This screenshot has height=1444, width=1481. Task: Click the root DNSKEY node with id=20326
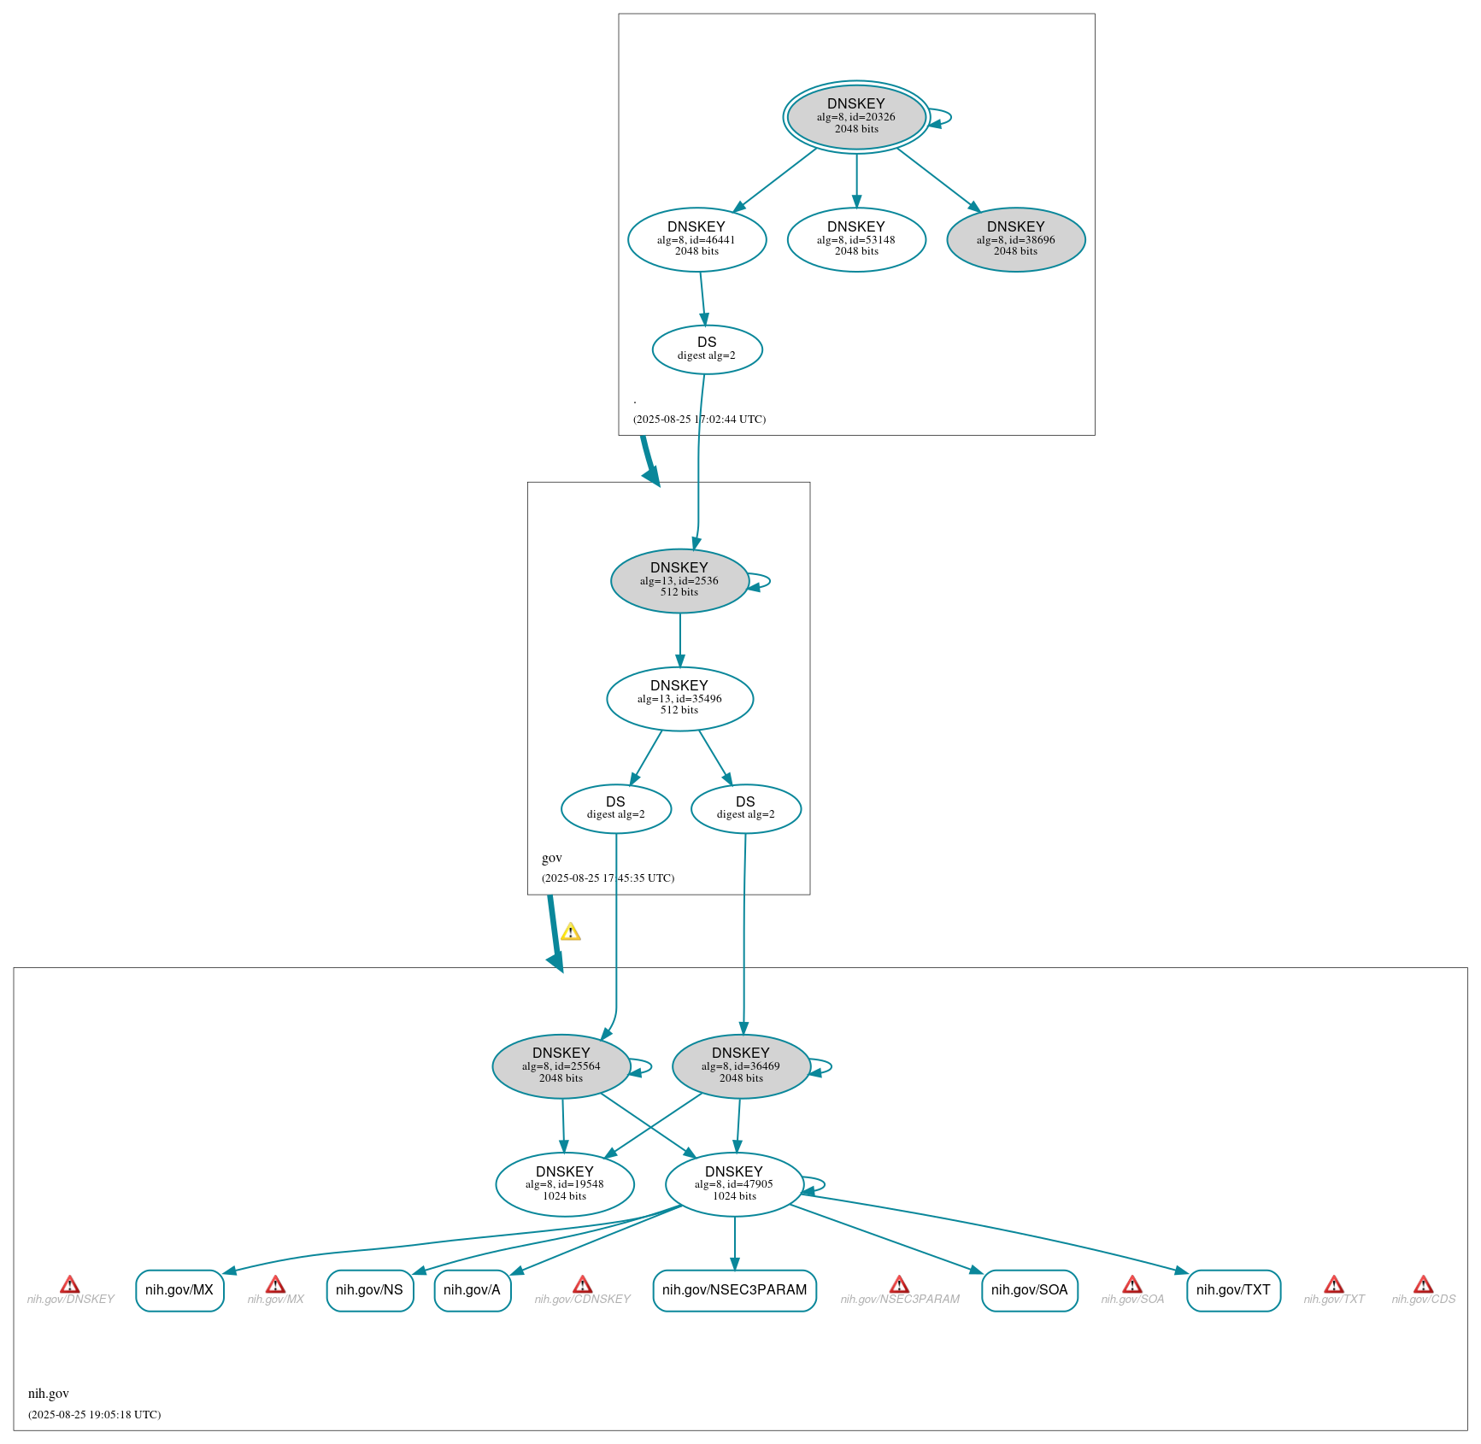point(856,117)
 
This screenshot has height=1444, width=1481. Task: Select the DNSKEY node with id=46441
point(696,240)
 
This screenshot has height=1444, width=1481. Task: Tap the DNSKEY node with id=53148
point(856,240)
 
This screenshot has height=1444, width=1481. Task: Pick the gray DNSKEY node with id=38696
point(1016,240)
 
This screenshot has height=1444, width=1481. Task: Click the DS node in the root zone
point(707,349)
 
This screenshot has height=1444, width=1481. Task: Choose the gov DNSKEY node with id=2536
point(679,581)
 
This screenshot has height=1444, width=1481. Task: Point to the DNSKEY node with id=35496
point(679,699)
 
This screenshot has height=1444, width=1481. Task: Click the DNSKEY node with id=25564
point(561,1066)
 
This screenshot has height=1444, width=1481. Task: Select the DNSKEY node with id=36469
point(741,1066)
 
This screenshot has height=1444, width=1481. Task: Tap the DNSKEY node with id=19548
point(565,1184)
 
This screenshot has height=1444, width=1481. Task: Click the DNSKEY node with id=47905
point(734,1184)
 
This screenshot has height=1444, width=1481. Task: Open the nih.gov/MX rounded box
point(179,1290)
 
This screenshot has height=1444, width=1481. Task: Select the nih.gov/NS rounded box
point(370,1290)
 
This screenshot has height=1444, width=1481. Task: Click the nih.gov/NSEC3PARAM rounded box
point(735,1290)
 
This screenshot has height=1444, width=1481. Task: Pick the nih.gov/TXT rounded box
point(1234,1290)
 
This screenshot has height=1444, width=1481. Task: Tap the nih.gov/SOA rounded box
point(1030,1290)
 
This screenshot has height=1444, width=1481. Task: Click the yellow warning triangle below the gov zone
point(571,932)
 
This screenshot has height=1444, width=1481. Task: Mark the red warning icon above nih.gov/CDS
point(1423,1284)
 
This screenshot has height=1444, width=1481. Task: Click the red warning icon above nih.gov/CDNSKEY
point(582,1284)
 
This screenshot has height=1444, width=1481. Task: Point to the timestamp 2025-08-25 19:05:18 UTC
point(95,1414)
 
